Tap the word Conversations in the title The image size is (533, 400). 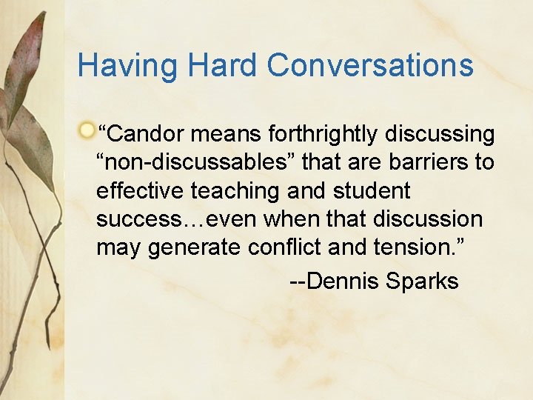370,66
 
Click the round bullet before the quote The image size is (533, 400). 87,131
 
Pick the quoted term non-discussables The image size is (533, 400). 192,163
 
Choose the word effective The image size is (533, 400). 140,191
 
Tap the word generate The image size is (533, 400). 194,247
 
